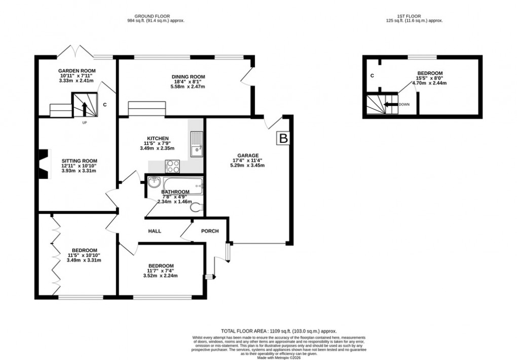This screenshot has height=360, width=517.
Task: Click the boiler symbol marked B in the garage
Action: point(282,138)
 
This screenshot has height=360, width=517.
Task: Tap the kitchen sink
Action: point(196,144)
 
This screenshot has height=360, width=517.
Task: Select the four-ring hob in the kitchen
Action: point(173,165)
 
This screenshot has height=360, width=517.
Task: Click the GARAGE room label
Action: point(249,156)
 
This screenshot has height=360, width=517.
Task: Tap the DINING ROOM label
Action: point(188,77)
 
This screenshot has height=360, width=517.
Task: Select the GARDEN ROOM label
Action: point(77,71)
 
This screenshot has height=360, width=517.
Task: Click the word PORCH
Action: point(210,231)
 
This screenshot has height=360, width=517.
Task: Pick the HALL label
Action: point(155,231)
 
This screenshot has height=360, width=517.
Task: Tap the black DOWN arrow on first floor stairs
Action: point(390,105)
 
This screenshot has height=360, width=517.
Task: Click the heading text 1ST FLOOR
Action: point(414,16)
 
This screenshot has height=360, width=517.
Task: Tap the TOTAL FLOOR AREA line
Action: point(278,331)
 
